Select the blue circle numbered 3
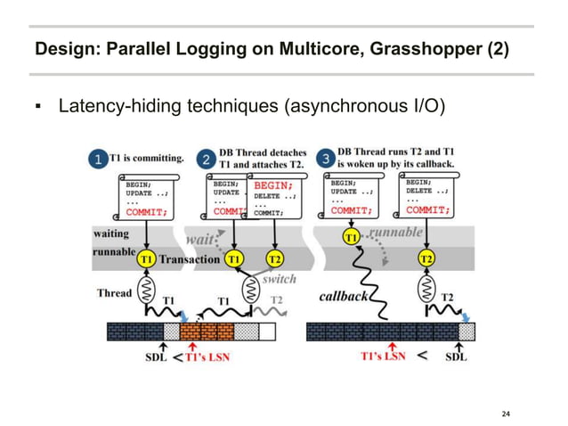pyautogui.click(x=327, y=159)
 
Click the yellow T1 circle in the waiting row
pyautogui.click(x=352, y=237)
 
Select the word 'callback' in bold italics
pyautogui.click(x=343, y=295)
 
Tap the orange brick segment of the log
pyautogui.click(x=207, y=332)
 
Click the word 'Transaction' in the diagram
pyautogui.click(x=190, y=258)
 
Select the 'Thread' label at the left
pyautogui.click(x=115, y=292)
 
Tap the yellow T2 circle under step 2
pyautogui.click(x=274, y=258)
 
